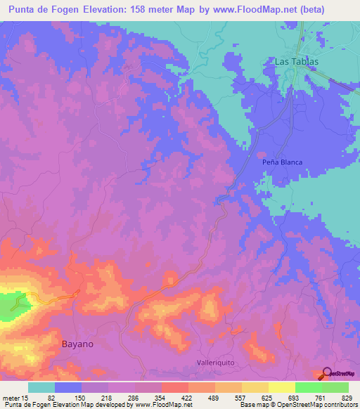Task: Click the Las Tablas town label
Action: [x=296, y=62]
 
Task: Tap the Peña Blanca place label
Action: [x=282, y=162]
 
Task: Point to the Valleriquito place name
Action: [x=219, y=363]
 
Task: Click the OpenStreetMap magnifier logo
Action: [x=326, y=374]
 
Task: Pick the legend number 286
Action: [x=134, y=397]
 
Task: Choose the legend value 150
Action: [x=81, y=397]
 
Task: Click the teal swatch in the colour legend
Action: [x=41, y=387]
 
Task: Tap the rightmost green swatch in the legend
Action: [x=335, y=387]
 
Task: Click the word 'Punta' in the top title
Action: [x=23, y=9]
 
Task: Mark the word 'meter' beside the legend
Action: [x=11, y=397]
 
